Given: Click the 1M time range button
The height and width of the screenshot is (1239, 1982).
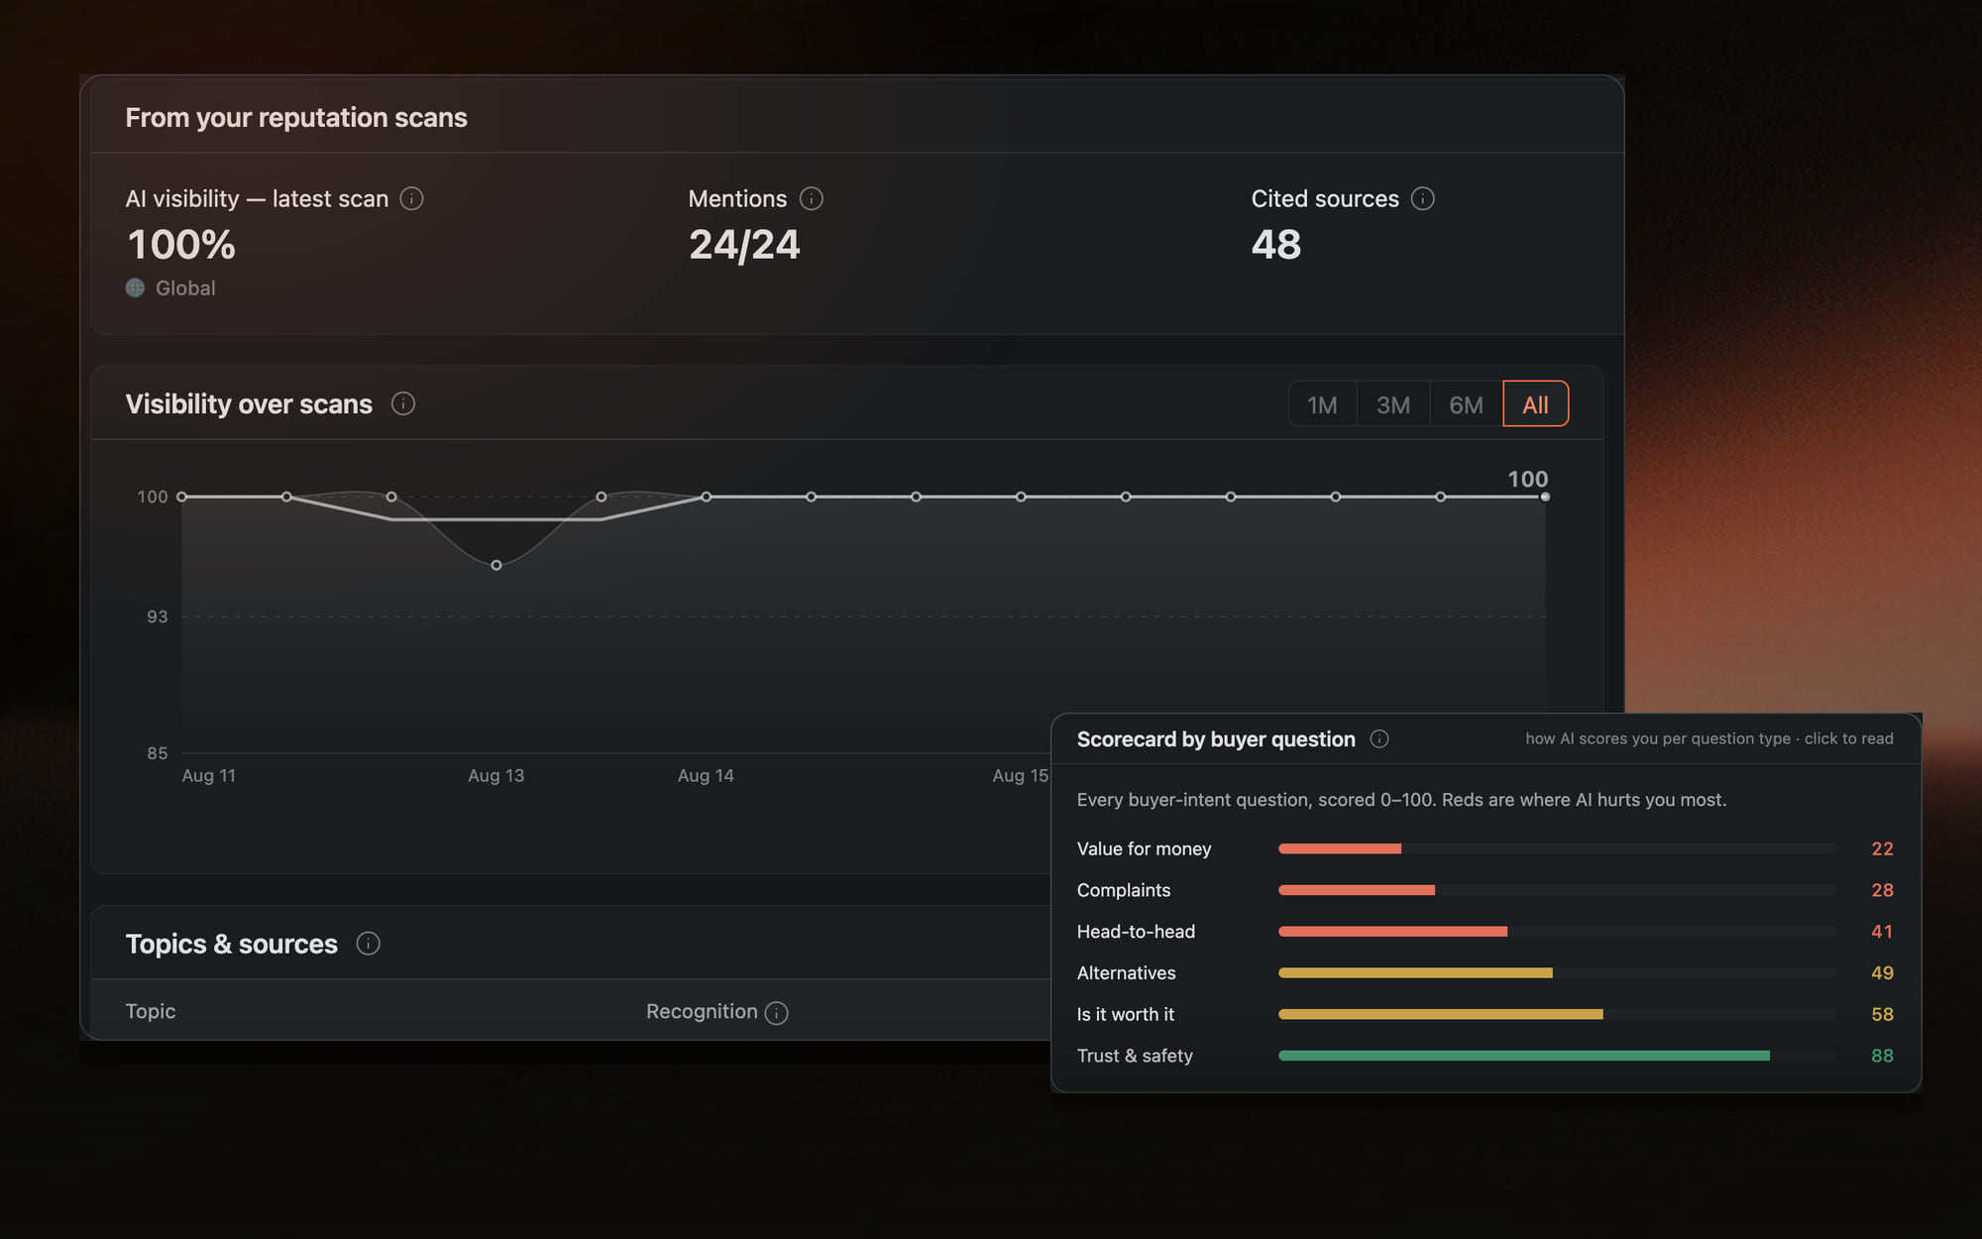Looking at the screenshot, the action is (x=1322, y=404).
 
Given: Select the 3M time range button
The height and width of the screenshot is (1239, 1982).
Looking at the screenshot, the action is (x=1393, y=404).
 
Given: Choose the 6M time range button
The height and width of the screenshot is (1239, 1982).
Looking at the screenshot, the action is (x=1466, y=404).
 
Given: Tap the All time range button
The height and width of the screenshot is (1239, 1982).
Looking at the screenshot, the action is (x=1535, y=404).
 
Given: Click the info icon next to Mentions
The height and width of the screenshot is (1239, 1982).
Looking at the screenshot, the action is (x=812, y=199).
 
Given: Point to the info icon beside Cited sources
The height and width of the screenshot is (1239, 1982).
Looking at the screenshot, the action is (x=1423, y=199).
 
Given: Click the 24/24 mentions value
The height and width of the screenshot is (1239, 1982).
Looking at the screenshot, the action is (x=744, y=245).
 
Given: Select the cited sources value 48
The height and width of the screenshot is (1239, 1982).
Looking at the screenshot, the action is (x=1276, y=245).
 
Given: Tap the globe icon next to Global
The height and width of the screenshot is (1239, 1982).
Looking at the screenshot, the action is (x=136, y=288).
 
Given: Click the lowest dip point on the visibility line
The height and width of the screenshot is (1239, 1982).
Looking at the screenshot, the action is (x=496, y=565).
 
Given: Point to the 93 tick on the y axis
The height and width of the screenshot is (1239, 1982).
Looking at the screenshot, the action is (x=158, y=617).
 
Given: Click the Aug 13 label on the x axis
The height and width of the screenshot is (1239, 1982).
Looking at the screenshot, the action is (x=496, y=776).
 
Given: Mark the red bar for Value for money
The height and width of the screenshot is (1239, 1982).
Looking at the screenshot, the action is (x=1340, y=848).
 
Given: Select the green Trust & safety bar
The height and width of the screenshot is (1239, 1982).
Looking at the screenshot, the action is (x=1524, y=1056).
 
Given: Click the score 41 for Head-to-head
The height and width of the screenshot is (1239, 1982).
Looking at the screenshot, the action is (x=1882, y=932).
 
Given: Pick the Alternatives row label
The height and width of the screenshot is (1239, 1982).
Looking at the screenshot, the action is (x=1127, y=973).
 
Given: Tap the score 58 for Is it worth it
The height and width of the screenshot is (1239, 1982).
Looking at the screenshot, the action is (x=1882, y=1014).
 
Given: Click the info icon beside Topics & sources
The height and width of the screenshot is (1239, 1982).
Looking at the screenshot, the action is (x=369, y=944).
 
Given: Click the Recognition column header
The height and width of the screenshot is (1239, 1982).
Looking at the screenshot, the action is (x=702, y=1012).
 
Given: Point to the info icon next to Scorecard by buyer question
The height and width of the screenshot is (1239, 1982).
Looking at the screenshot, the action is (x=1379, y=739).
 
